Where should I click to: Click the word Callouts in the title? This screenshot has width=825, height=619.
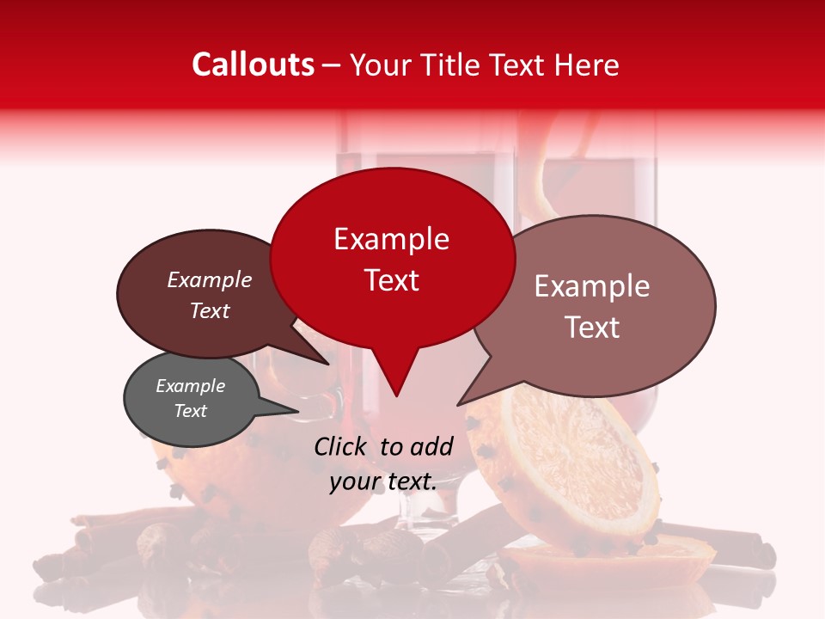[253, 64]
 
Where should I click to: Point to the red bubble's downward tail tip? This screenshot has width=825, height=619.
[395, 395]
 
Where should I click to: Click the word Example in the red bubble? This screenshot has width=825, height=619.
[391, 239]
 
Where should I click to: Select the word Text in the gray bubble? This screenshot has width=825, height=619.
[191, 411]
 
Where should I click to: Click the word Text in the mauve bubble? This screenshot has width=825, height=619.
[593, 328]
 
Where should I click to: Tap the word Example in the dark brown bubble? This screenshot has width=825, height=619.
[209, 279]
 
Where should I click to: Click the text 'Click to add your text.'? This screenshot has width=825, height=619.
[383, 463]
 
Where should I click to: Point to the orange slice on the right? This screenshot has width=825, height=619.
[567, 464]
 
